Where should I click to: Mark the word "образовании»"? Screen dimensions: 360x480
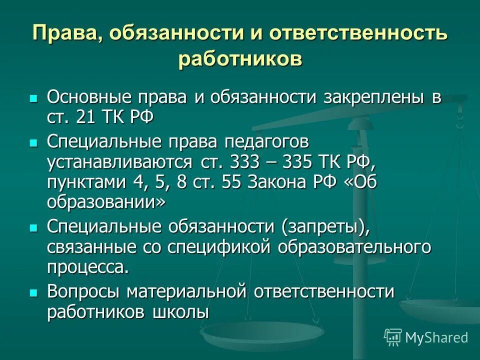106,202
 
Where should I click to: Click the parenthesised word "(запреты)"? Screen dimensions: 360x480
326,227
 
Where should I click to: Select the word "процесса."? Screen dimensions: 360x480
88,267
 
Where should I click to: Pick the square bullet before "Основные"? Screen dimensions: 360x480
34,98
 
